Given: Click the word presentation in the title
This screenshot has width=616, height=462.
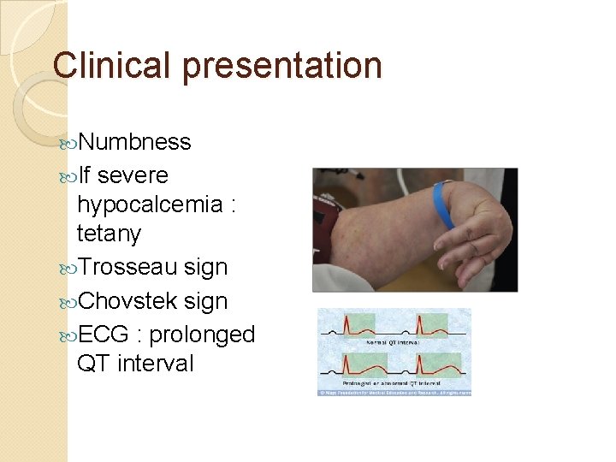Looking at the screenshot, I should coord(280,67).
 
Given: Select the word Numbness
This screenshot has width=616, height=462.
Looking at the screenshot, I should coord(134,142).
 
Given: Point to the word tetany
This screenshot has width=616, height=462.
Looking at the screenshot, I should coord(109,234).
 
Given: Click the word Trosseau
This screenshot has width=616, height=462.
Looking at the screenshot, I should coord(127,267).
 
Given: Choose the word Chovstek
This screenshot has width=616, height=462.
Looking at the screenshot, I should coord(127,301).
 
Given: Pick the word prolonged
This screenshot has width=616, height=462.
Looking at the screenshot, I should coord(202,335).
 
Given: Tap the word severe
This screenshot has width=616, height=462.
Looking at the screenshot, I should coord(133,176).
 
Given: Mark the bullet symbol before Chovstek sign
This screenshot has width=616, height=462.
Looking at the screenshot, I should coord(68,302).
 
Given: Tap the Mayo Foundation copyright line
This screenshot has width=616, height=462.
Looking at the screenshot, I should coord(394,392).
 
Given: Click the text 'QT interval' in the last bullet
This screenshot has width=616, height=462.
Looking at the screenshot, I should coord(135,364).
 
